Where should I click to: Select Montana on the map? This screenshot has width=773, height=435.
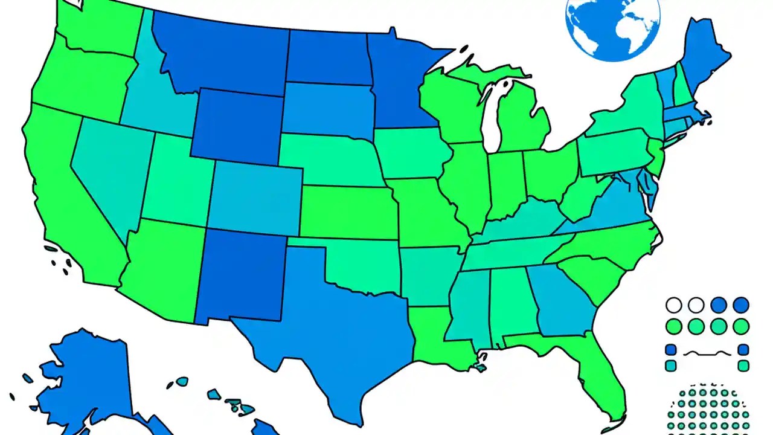[223, 57]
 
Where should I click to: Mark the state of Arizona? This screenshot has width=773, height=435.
[163, 266]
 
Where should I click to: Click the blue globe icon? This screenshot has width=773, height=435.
[612, 24]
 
